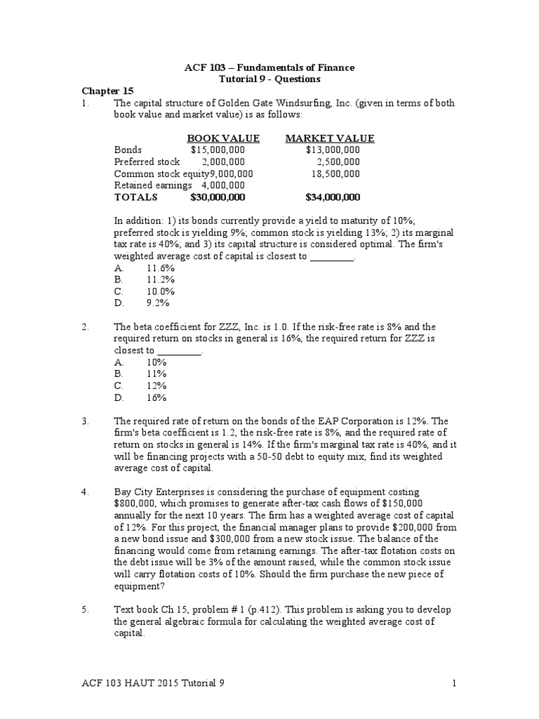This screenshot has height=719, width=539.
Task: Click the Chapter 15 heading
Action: pyautogui.click(x=107, y=91)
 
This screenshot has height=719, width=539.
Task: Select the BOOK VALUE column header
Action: pyautogui.click(x=223, y=138)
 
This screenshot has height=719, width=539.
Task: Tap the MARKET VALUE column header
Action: pyautogui.click(x=329, y=138)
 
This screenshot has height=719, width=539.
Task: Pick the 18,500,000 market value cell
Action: pyautogui.click(x=335, y=173)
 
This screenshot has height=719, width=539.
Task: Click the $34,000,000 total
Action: pyautogui.click(x=333, y=197)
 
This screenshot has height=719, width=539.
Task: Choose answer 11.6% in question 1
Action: pyautogui.click(x=160, y=268)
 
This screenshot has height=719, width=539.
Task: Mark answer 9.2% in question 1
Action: pyautogui.click(x=158, y=303)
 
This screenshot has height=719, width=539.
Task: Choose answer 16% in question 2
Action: pyautogui.click(x=157, y=397)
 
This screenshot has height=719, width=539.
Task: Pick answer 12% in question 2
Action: pyautogui.click(x=157, y=385)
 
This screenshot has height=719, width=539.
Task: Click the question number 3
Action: pyautogui.click(x=85, y=421)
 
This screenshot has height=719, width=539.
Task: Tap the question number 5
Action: pyautogui.click(x=85, y=610)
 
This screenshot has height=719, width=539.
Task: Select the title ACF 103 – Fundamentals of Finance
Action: pyautogui.click(x=269, y=67)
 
